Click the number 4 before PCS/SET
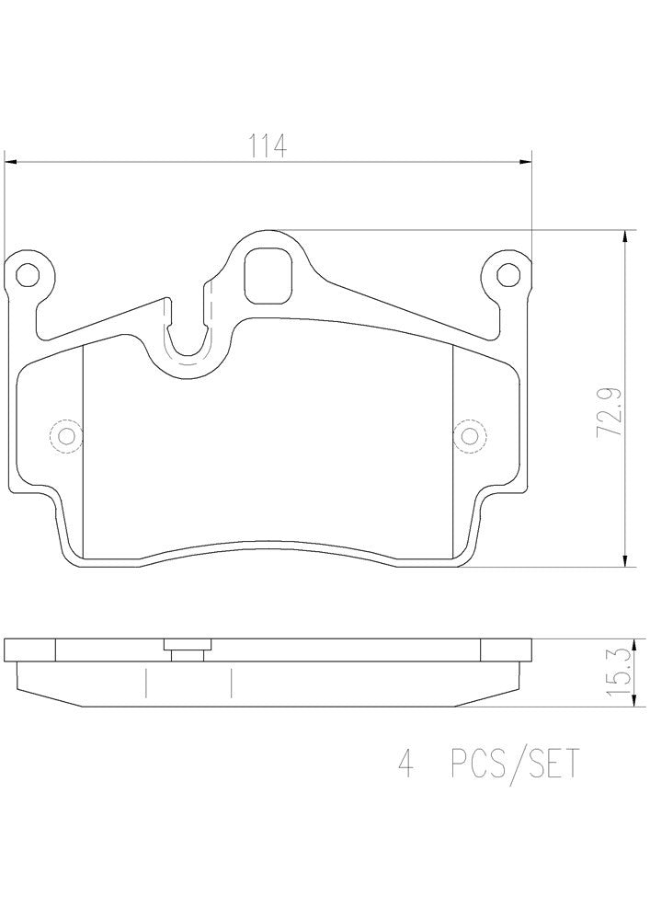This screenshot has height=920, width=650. coord(403,763)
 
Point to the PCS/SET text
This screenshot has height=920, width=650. coord(515,763)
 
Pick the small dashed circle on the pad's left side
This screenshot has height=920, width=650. coord(65,434)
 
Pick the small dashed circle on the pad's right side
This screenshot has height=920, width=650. coord(470,434)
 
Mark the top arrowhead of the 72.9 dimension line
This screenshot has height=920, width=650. coord(625,236)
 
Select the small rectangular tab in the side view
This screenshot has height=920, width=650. coord(188,650)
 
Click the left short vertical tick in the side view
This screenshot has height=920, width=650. coord(145,683)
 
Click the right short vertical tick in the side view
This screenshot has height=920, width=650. coord(230,683)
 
